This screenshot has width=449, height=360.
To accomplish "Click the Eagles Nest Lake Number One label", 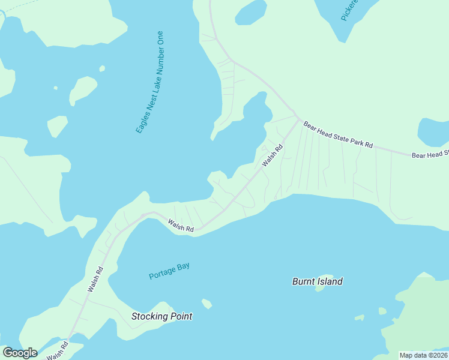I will (150, 82).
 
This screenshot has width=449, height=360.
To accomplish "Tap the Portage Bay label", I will (169, 271).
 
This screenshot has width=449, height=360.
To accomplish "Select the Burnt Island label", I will (318, 281).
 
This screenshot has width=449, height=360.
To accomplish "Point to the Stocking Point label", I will (162, 316).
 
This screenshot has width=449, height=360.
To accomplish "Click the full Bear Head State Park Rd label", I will (338, 134).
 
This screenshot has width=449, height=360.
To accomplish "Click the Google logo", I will (20, 352).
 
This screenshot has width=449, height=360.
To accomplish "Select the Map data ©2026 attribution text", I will (423, 355).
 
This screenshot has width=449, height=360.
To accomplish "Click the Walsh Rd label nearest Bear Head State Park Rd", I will (271, 157).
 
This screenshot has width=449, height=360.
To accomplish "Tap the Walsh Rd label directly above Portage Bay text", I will (181, 226).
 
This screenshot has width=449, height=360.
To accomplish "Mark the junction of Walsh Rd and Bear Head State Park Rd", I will (297, 117).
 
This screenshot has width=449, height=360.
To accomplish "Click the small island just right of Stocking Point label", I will (207, 304).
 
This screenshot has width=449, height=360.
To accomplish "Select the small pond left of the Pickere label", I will (251, 12).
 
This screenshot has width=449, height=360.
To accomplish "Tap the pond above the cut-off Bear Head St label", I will (433, 131).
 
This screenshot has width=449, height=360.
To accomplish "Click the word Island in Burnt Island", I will (331, 281).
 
